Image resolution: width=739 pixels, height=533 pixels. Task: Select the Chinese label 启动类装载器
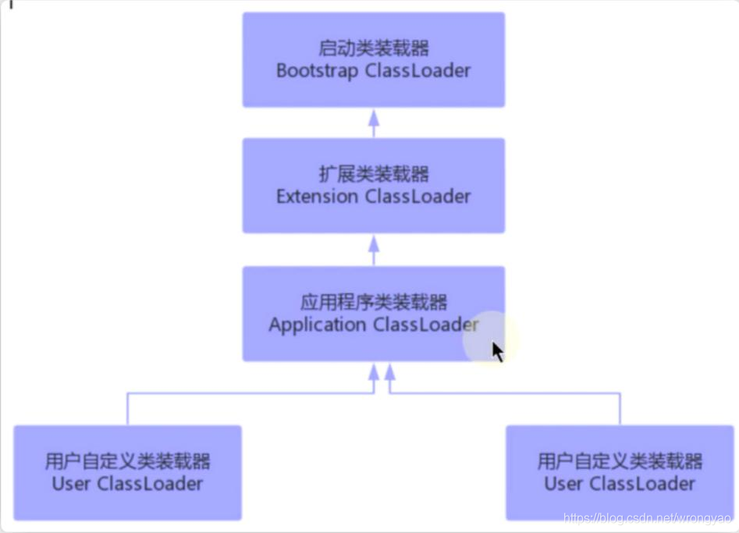tap(374, 48)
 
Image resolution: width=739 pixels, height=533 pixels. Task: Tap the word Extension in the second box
tap(317, 197)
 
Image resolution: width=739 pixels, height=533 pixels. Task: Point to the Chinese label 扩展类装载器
tap(374, 174)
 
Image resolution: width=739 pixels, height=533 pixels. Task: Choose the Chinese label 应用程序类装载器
tap(374, 302)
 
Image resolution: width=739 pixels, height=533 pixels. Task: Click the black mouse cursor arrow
tap(497, 352)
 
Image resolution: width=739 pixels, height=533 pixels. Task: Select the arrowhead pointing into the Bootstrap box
tap(374, 118)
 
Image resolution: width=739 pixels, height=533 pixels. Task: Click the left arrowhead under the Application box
tap(374, 372)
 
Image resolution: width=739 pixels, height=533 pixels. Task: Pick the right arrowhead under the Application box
tap(390, 372)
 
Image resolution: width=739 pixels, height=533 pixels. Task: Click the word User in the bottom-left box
tap(71, 484)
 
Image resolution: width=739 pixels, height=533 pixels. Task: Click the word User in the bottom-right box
tap(563, 484)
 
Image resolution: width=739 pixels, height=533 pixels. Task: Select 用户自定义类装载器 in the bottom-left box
tap(127, 460)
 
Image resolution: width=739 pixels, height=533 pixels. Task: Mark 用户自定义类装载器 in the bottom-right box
tap(620, 460)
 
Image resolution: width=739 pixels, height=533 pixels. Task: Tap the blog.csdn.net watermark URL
tap(647, 519)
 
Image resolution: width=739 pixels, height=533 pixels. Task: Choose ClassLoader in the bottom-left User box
tap(150, 484)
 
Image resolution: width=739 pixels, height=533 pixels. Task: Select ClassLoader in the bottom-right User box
tap(642, 484)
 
